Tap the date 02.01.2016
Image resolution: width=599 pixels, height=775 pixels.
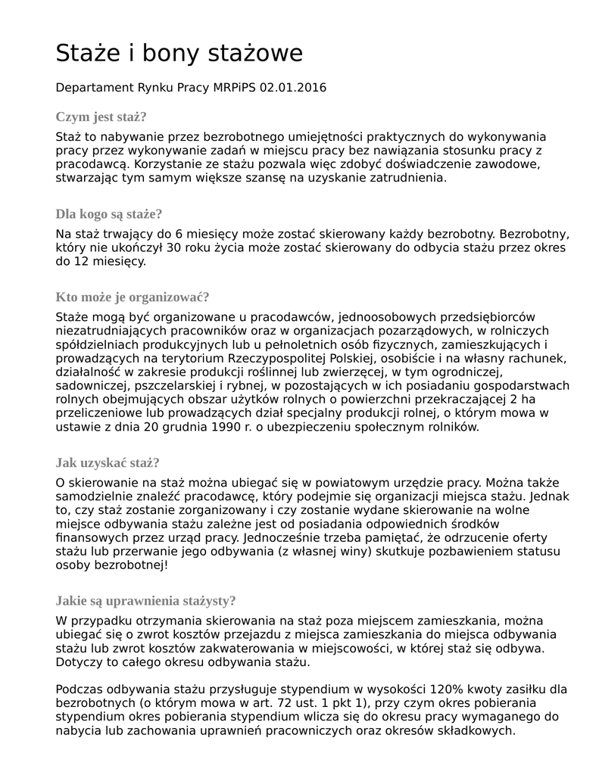[293, 88]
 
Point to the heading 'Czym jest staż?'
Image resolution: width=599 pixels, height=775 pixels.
[101, 117]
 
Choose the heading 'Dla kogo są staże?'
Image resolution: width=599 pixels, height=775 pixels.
[109, 213]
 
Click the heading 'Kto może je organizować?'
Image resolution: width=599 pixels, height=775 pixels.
[133, 297]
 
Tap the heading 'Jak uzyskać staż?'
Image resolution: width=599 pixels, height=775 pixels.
[108, 463]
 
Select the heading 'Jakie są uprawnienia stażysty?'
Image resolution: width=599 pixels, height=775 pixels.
[145, 601]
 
